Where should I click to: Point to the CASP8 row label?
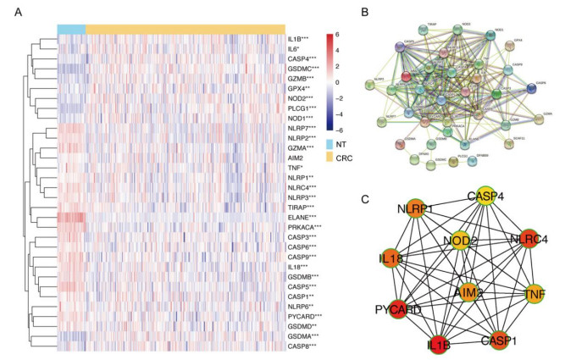click(x=301, y=345)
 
